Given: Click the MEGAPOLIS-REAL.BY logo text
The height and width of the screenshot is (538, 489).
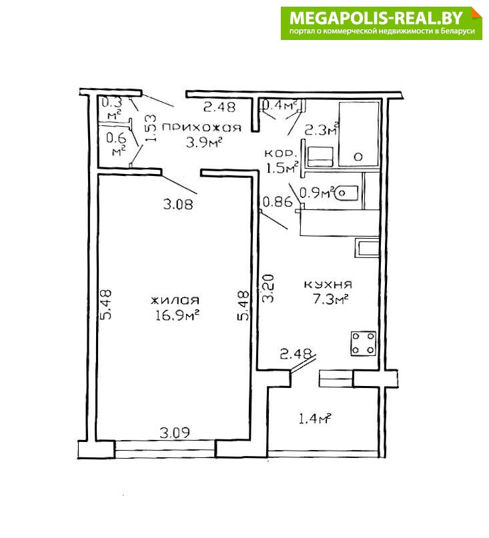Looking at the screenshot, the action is pos(376,18).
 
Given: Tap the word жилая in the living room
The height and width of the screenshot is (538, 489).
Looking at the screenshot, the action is pos(175,300).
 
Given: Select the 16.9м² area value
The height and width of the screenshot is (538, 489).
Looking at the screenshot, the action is pos(177,315).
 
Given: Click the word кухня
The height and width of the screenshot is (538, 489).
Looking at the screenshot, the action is pos(328,285).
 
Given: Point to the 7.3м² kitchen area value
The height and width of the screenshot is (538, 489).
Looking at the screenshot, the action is pos(330,299).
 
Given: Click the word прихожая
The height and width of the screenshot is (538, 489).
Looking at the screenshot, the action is pos(201,128).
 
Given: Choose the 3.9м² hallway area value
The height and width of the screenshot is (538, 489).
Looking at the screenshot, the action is pos(203,143).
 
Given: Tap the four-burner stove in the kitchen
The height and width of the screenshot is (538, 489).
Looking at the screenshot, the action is pos(364,343).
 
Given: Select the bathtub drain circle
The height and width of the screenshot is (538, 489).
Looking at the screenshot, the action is pos(358,157).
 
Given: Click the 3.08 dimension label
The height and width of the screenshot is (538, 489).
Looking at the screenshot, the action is pos(178,205).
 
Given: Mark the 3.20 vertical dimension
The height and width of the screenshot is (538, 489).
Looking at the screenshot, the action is pos(269,288).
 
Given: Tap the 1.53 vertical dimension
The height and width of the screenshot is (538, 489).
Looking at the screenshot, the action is pos(150,128).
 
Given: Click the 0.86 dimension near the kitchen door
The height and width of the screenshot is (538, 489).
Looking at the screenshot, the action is pos(277,202).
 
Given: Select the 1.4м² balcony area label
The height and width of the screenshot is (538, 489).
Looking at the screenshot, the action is pos(315,419).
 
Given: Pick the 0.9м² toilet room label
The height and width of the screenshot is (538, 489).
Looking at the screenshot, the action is pos(317,193).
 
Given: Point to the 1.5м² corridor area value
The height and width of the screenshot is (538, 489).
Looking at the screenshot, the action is pos(282,168).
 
